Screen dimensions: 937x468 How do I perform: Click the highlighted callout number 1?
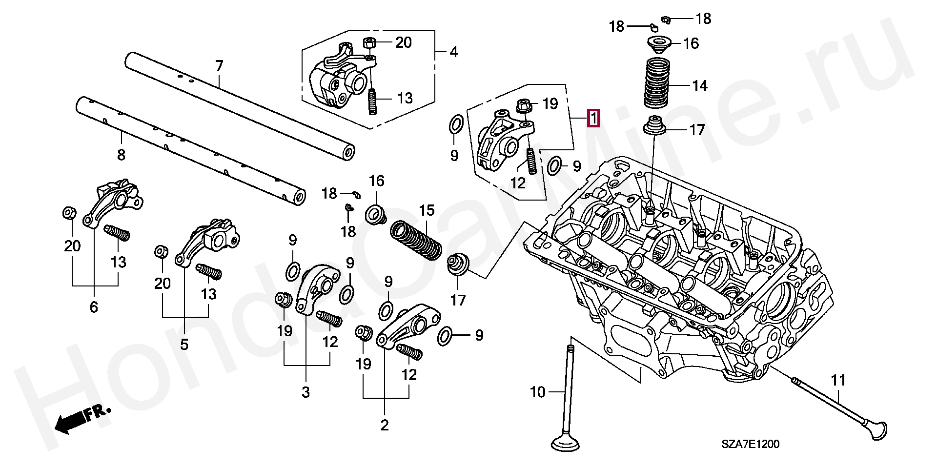tap(593, 119)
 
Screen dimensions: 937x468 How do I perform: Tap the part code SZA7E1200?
tap(751, 444)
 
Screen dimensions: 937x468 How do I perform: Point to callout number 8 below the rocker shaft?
tap(121, 155)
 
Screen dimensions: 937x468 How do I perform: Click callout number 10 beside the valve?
tap(537, 392)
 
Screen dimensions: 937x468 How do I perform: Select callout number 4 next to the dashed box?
tap(453, 52)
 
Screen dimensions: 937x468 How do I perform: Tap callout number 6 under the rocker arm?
tap(94, 307)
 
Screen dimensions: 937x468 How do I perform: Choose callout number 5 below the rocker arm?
tap(184, 345)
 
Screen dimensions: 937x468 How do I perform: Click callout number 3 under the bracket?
tap(306, 392)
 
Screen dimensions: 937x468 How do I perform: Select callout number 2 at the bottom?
tap(385, 425)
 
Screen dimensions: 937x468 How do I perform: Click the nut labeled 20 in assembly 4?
tap(369, 42)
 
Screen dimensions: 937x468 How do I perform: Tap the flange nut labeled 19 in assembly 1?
tap(524, 105)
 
